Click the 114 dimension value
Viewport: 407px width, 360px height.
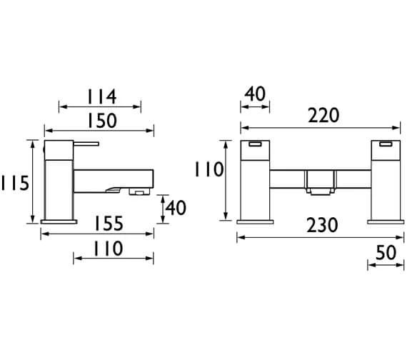click(101, 96)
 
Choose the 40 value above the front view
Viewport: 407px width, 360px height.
click(255, 94)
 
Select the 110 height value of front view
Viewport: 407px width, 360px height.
click(209, 169)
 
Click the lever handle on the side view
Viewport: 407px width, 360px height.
click(71, 144)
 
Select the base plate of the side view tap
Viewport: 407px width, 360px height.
click(60, 221)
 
